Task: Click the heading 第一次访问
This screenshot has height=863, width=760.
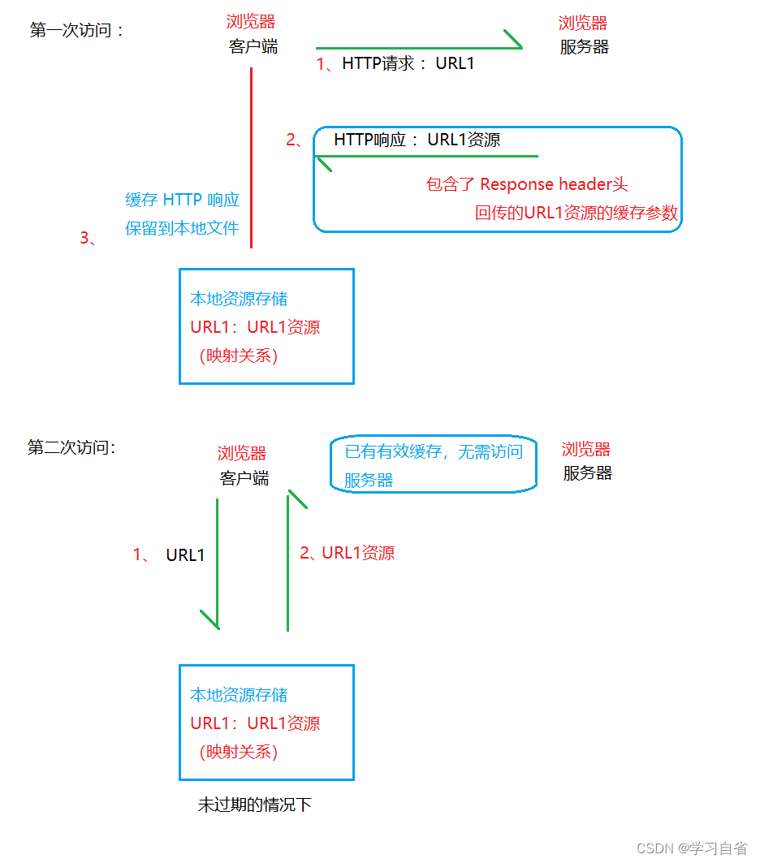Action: (77, 31)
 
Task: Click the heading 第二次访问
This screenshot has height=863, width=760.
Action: (71, 447)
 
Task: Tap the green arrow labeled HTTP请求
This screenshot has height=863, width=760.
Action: (418, 48)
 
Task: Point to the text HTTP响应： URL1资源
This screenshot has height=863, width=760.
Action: (417, 140)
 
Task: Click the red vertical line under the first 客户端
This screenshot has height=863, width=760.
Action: (252, 157)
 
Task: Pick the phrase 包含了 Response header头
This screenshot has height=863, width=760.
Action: (527, 184)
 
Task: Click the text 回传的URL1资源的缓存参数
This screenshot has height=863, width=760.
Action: (576, 214)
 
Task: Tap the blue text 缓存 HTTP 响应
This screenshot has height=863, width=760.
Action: (182, 200)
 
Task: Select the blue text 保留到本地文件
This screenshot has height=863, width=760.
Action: (182, 228)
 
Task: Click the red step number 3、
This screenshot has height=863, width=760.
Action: (89, 238)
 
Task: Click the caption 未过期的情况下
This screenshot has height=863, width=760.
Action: (254, 805)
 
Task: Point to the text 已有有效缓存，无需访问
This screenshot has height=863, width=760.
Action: (434, 452)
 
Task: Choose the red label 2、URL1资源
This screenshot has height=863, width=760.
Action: (347, 554)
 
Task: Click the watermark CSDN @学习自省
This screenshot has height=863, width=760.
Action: (691, 848)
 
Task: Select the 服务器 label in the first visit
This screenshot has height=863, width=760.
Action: (584, 47)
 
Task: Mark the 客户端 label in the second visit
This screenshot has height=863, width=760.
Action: (244, 478)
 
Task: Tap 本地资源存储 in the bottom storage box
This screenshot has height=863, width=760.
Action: (239, 695)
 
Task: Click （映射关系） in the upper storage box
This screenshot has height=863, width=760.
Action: (238, 356)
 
